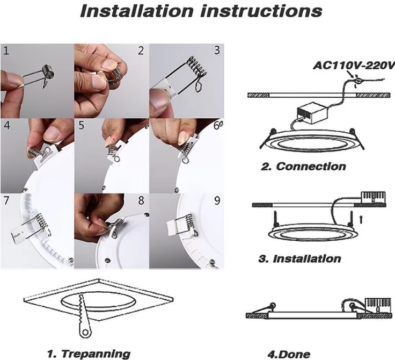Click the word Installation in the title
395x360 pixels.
(x=136, y=11)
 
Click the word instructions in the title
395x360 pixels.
(x=261, y=11)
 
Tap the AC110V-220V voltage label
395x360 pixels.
(x=354, y=66)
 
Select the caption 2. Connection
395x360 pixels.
(x=303, y=167)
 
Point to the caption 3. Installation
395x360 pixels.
(x=299, y=259)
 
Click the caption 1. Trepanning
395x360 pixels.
(x=89, y=354)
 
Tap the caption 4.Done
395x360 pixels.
(x=289, y=355)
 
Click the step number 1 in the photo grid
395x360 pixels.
(x=6, y=51)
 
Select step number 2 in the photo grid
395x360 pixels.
(x=141, y=51)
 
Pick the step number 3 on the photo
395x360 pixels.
(x=217, y=50)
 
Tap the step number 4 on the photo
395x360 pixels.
(x=7, y=125)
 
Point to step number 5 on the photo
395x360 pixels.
(x=81, y=125)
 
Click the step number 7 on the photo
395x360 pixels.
(x=6, y=200)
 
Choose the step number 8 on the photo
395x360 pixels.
(x=141, y=200)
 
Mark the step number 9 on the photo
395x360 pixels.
(x=217, y=200)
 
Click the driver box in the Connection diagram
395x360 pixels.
(x=312, y=111)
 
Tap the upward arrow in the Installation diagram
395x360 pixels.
(x=361, y=219)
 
